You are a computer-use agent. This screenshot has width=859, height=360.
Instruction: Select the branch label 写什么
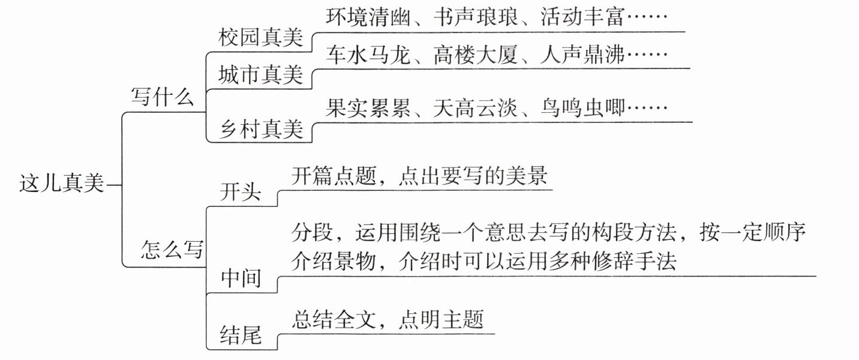tap(163, 97)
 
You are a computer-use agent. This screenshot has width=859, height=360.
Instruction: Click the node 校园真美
tap(260, 39)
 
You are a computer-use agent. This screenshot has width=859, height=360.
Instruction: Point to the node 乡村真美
tap(260, 131)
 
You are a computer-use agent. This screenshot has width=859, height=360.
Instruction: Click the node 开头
tap(242, 191)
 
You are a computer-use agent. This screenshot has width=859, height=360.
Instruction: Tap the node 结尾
tap(242, 334)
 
